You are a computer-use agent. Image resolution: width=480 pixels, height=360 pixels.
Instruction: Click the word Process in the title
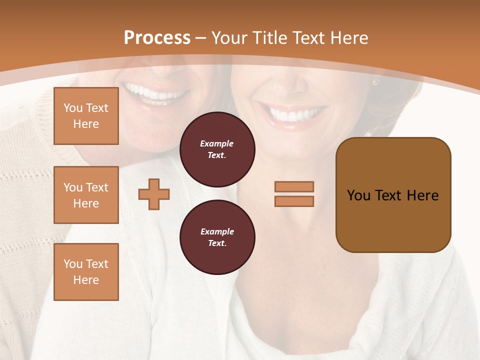[x=157, y=38]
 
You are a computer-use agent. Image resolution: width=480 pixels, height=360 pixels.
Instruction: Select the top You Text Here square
[x=86, y=116]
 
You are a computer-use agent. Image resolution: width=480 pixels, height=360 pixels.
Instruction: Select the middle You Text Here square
[x=86, y=195]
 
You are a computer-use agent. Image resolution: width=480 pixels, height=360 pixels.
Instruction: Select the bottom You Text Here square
[x=86, y=271]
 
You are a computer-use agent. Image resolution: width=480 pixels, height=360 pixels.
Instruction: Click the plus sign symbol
[x=154, y=194]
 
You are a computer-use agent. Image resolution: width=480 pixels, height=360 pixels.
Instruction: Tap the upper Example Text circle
[x=217, y=149]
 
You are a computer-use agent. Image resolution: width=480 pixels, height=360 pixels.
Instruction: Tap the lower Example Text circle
[x=217, y=237]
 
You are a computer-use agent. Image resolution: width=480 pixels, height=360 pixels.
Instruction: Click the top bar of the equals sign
[x=294, y=186]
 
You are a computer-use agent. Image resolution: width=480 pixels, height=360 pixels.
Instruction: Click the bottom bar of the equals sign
[x=294, y=201]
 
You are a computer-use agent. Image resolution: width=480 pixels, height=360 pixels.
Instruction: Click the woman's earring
[x=375, y=81]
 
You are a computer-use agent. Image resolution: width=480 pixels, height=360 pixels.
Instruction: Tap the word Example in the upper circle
[x=217, y=144]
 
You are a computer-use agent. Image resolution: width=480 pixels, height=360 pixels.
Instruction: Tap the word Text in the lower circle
[x=217, y=243]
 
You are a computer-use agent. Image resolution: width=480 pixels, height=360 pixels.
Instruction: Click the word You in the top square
[x=73, y=108]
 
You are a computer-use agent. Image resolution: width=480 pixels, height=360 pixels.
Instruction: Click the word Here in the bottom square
[x=86, y=280]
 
